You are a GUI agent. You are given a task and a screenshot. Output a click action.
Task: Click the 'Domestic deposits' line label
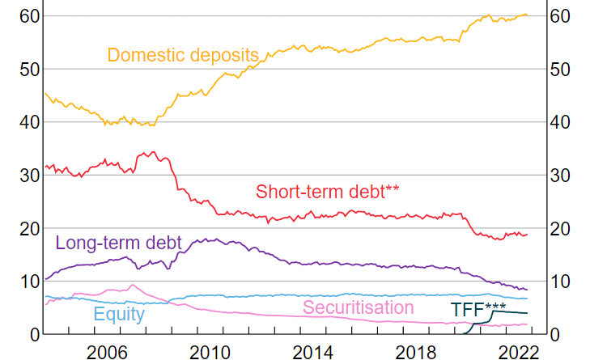click(183, 55)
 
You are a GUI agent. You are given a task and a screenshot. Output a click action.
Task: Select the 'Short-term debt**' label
click(328, 192)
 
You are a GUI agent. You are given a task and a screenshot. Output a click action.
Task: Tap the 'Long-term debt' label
click(118, 242)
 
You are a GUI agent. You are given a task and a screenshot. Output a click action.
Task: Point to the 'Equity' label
click(119, 314)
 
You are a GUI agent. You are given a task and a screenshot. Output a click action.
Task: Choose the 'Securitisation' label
click(359, 307)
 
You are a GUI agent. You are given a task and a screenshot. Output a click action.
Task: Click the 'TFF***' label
click(478, 310)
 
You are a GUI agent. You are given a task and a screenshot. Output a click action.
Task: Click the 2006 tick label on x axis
click(108, 350)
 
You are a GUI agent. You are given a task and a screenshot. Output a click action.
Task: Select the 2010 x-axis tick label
click(210, 350)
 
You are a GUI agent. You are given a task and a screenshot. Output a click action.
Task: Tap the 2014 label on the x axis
click(312, 350)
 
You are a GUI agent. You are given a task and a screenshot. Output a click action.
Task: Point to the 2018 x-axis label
click(414, 350)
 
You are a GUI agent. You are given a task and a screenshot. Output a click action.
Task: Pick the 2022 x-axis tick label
click(516, 350)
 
